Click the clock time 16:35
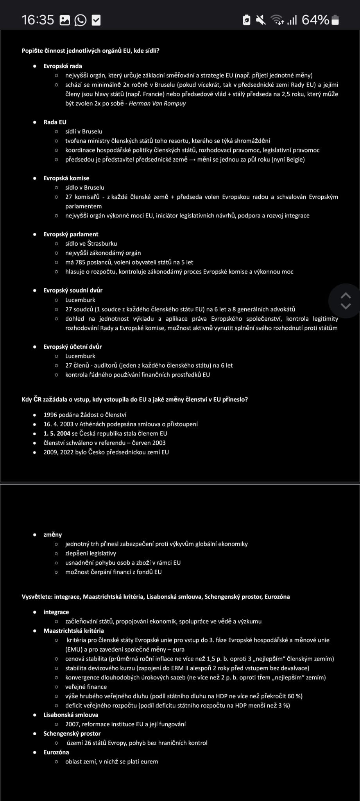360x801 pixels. point(38,20)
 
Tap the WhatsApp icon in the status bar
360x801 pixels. point(81,20)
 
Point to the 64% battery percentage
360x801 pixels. point(315,20)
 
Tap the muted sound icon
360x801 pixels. point(260,20)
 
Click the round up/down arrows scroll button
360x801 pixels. point(346,300)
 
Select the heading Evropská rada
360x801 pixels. point(63,66)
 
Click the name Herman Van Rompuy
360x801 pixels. point(157,104)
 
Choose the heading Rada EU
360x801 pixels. point(55,122)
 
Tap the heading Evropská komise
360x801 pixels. point(66,178)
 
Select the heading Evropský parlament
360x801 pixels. point(71,234)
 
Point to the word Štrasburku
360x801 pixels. point(102,244)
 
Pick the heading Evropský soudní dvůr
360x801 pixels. point(73,290)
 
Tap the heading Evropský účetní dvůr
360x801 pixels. point(72,347)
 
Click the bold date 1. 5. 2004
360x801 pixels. point(57,433)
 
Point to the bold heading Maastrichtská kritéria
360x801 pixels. point(73,630)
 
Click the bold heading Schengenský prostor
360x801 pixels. point(72,733)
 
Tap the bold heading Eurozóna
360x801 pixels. point(56,752)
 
